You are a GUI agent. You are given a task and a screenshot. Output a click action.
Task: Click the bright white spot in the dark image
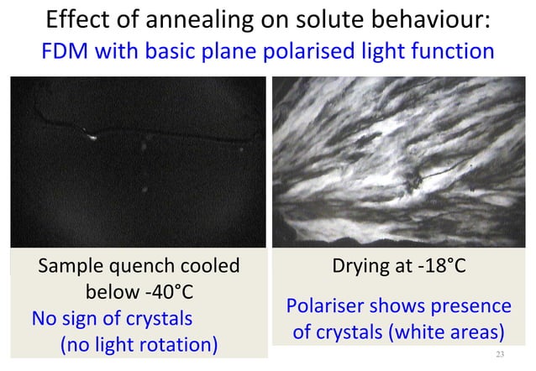90,136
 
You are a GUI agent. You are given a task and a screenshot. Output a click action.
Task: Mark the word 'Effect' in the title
76,19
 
